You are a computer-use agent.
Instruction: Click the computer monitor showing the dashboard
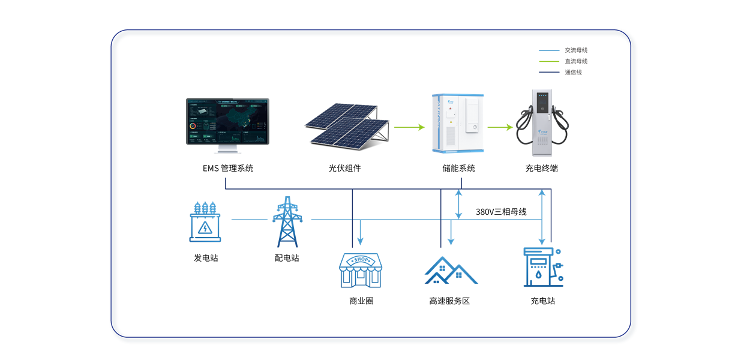click(227, 122)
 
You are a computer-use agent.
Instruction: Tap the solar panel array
click(346, 124)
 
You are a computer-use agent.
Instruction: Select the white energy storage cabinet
click(457, 123)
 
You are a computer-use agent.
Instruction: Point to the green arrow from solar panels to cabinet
click(409, 127)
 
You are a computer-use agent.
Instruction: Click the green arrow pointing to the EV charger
click(500, 127)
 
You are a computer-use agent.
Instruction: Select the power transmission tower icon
click(287, 221)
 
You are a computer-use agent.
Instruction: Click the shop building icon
click(360, 270)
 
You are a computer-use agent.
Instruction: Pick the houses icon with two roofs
click(451, 271)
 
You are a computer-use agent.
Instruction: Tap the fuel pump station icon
click(543, 268)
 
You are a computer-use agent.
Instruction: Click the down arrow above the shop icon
click(360, 233)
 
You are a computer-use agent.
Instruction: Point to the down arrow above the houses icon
click(451, 233)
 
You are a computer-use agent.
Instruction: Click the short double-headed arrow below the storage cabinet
click(458, 204)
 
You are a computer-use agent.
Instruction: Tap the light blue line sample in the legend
click(548, 50)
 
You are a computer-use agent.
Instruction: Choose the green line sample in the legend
click(548, 61)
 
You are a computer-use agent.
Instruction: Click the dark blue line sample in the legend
click(548, 72)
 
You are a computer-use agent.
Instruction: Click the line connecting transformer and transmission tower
click(248, 220)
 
